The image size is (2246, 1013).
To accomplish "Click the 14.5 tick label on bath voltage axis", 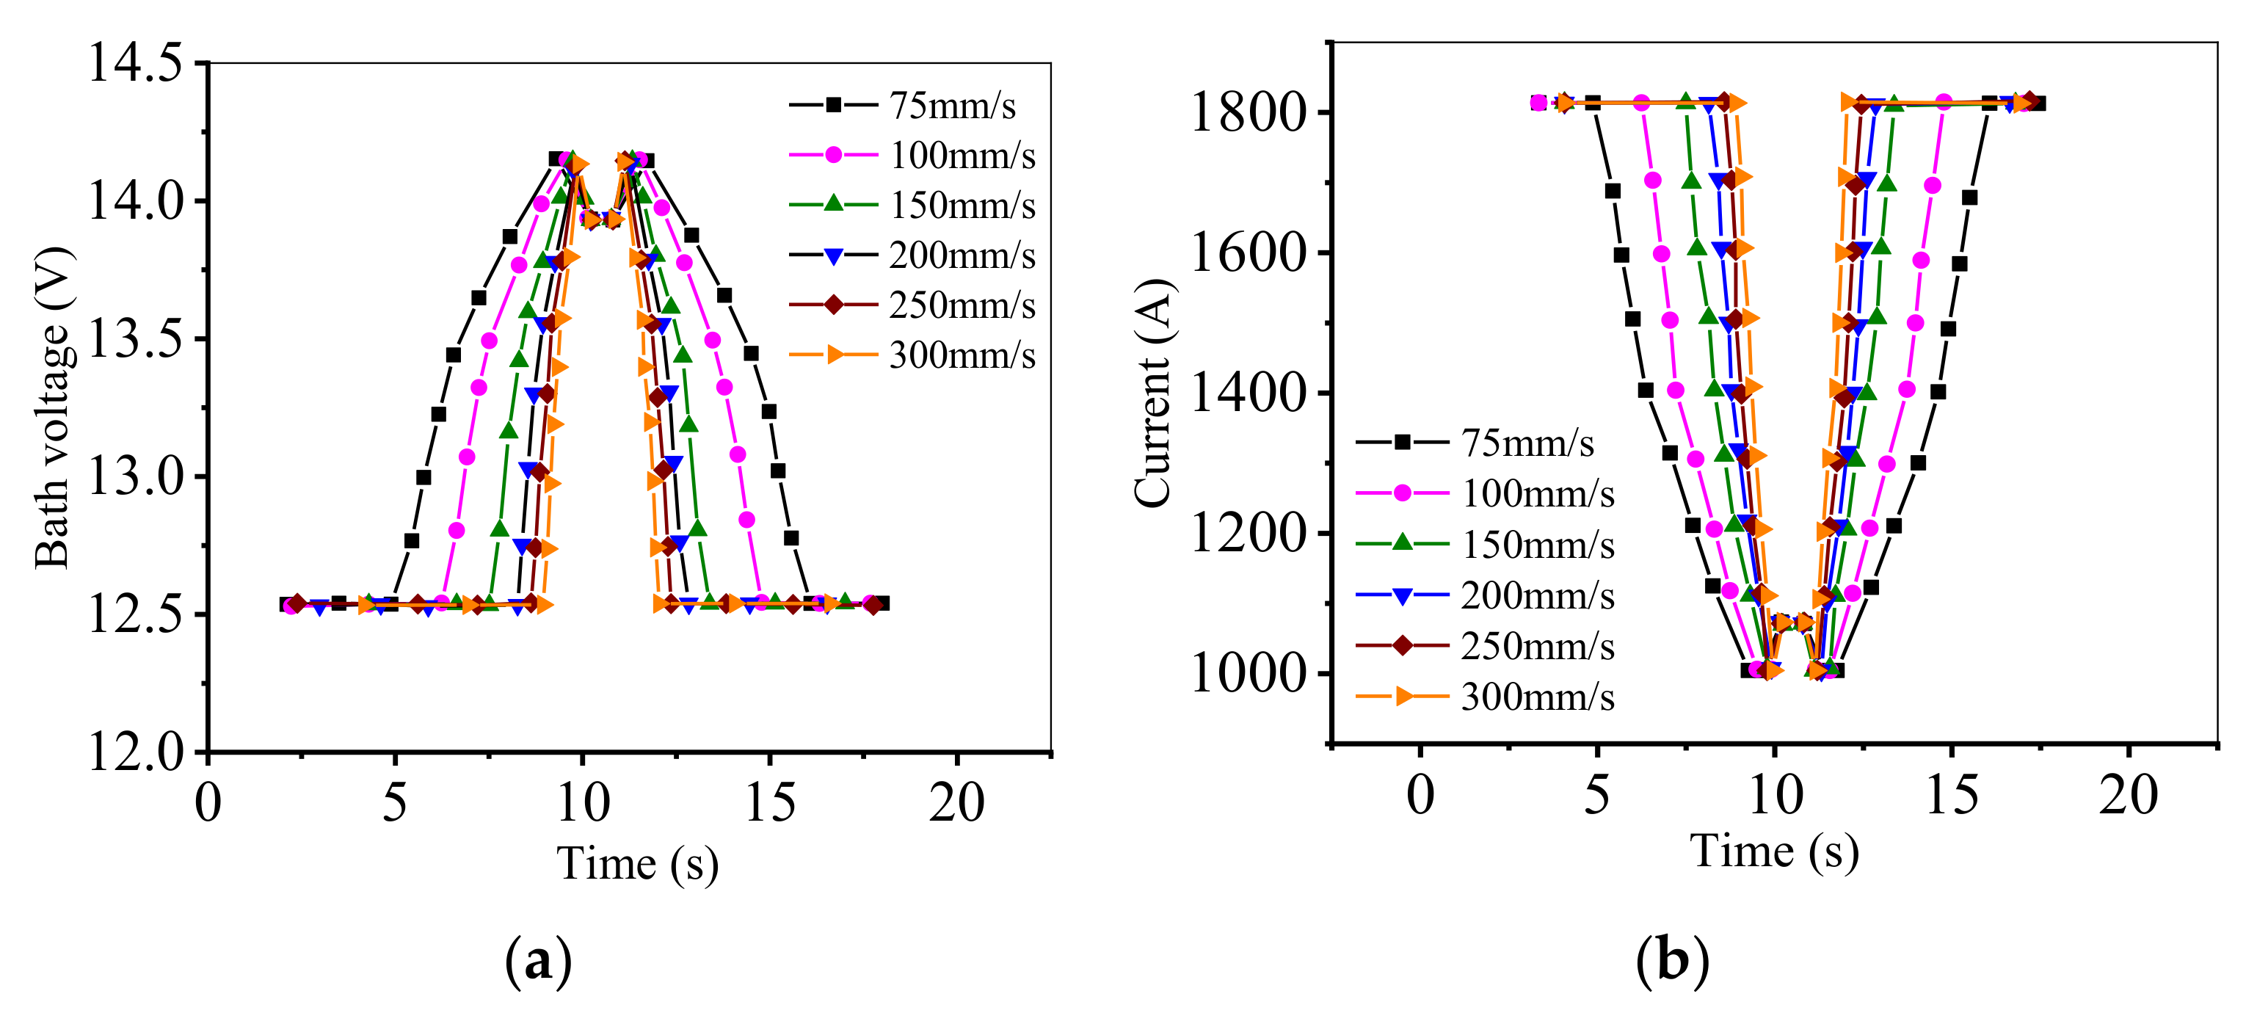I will pos(135,63).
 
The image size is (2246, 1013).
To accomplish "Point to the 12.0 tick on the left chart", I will pos(135,751).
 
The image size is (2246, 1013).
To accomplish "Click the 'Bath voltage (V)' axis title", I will pos(51,408).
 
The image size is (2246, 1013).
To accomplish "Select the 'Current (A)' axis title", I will pos(1152,392).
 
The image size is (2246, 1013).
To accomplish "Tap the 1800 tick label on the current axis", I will pos(1248,112).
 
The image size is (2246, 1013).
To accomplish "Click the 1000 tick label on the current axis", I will pos(1248,674).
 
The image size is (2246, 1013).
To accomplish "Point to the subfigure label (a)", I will pos(538,961).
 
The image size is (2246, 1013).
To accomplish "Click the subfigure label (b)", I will pos(1671,960).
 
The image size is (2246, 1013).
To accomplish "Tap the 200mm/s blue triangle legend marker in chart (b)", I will pos(1402,596).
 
